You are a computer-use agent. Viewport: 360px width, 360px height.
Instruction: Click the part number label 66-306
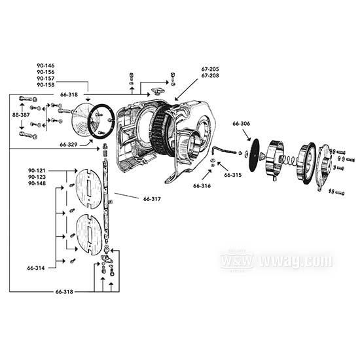[241, 124]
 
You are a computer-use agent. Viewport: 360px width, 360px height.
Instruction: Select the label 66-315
[233, 175]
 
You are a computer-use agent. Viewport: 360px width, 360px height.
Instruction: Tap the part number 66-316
[202, 186]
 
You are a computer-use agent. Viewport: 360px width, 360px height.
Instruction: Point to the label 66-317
[152, 199]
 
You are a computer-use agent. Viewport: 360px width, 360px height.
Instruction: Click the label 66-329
[69, 145]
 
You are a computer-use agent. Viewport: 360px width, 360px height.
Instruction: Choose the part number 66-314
[36, 268]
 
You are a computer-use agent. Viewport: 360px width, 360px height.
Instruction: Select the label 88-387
[21, 115]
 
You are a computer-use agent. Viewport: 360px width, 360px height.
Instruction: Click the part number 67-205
[210, 69]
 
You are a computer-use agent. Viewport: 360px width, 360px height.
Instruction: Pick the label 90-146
[46, 65]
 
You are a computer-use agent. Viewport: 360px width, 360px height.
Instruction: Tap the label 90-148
[37, 183]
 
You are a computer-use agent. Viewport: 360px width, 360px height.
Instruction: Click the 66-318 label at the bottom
[64, 291]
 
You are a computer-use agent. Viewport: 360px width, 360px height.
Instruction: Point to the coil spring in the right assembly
[289, 159]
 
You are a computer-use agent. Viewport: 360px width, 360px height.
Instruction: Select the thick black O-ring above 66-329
[101, 122]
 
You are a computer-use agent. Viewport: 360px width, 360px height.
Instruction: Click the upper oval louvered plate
[88, 189]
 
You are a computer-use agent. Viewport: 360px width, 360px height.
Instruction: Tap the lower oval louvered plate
[89, 234]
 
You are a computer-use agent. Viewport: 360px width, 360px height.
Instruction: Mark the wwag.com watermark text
[296, 261]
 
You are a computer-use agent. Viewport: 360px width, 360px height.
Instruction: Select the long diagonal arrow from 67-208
[186, 90]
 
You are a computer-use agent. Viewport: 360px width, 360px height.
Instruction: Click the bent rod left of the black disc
[225, 151]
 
